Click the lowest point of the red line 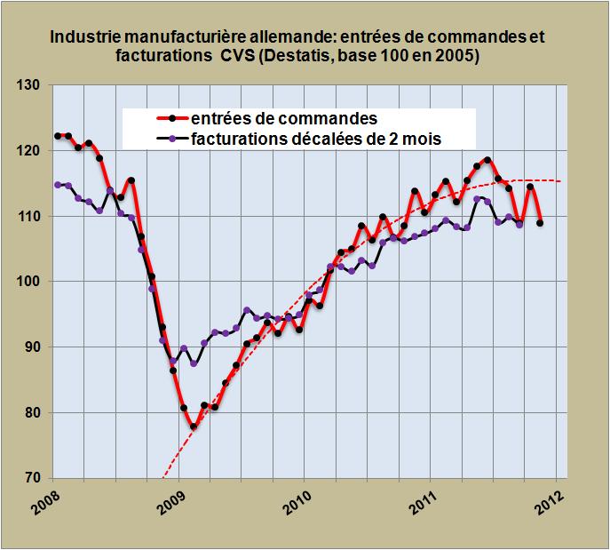[194, 426]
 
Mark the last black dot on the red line [540, 223]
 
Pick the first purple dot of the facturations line [58, 185]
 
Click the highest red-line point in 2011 [487, 160]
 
